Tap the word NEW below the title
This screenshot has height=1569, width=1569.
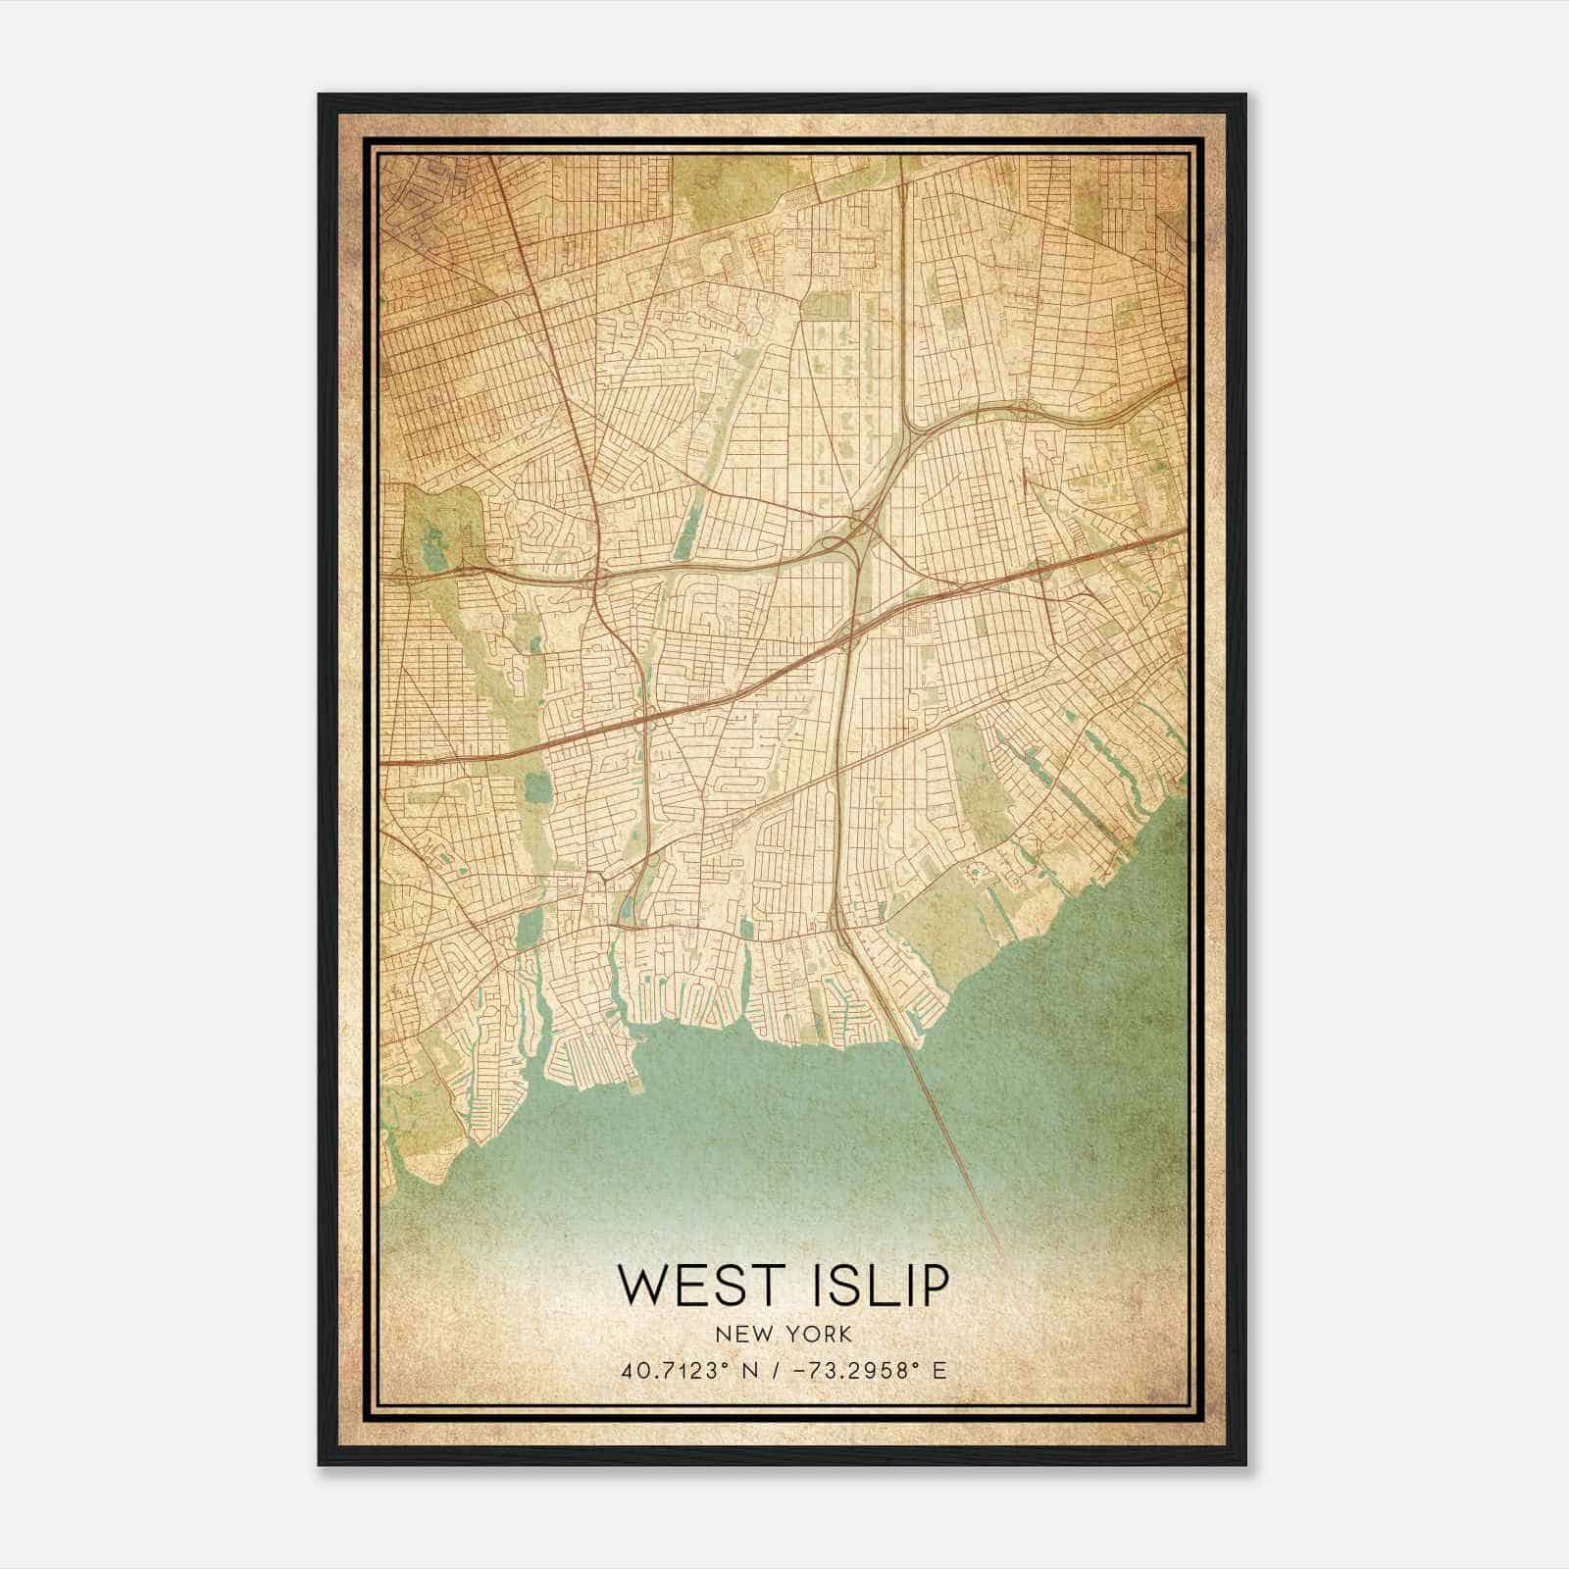point(742,1335)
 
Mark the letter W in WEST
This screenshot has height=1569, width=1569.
point(640,1286)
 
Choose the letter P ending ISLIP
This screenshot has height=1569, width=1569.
point(933,1286)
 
